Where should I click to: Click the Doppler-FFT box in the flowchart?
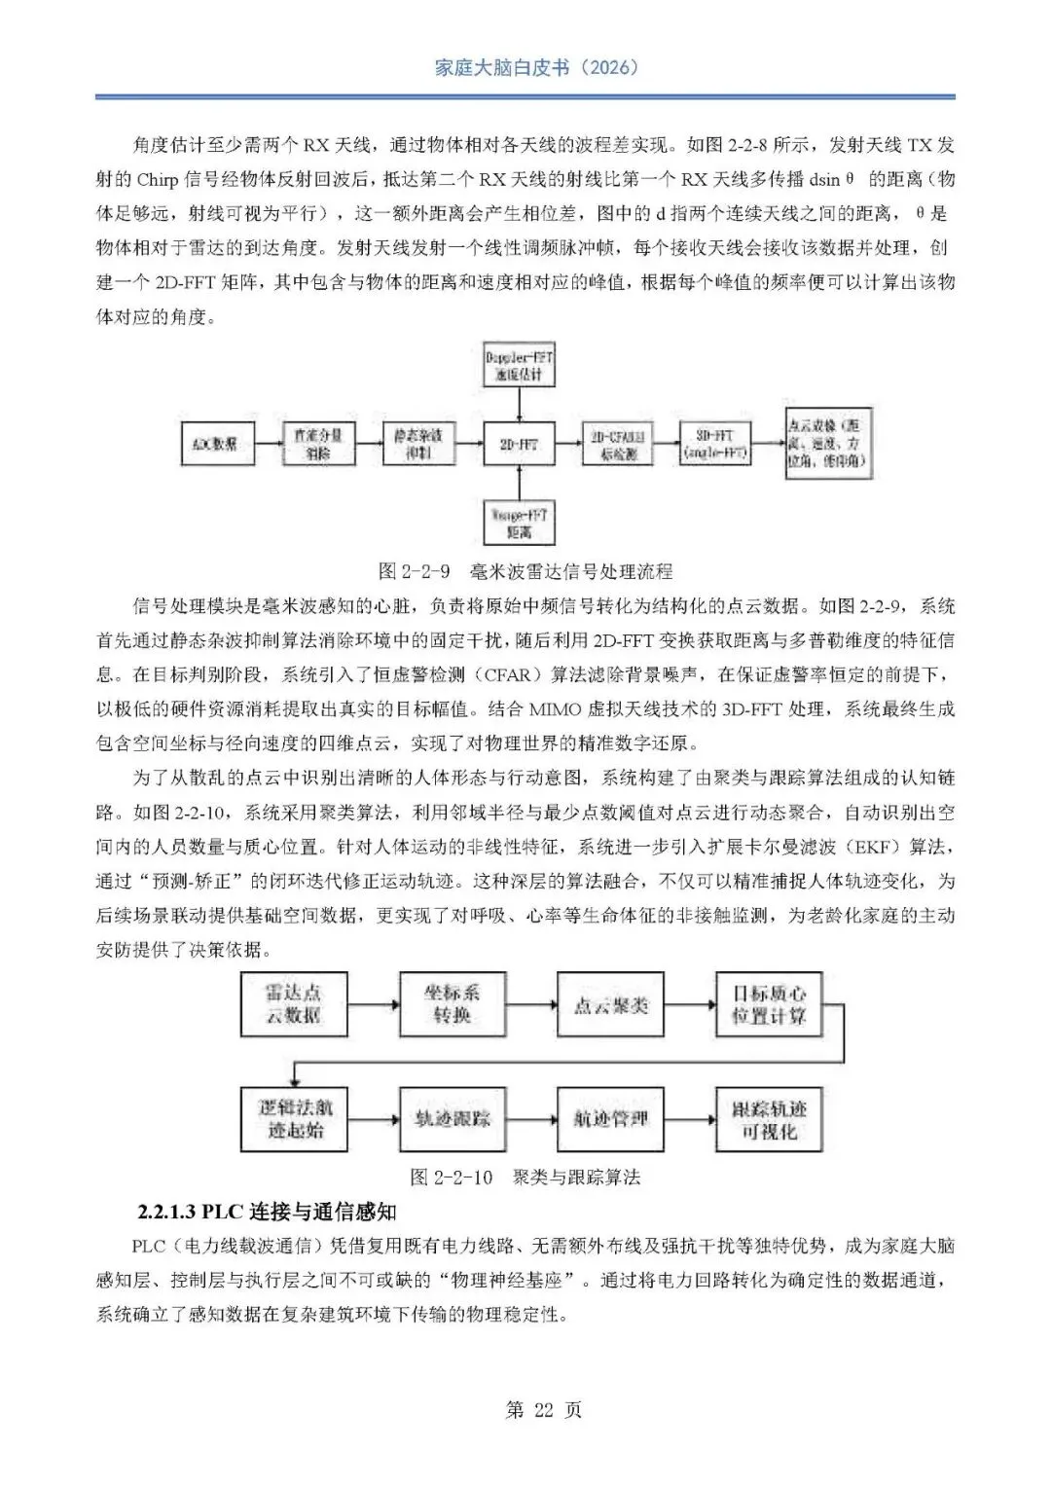pyautogui.click(x=519, y=366)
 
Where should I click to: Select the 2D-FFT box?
pyautogui.click(x=519, y=446)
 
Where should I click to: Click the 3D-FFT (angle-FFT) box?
pyautogui.click(x=714, y=445)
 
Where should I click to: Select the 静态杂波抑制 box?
pyautogui.click(x=418, y=445)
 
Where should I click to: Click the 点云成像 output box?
pyautogui.click(x=826, y=445)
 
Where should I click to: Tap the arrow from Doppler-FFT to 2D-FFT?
pyautogui.click(x=519, y=405)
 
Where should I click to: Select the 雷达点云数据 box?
pyautogui.click(x=293, y=1004)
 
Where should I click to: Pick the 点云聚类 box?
pyautogui.click(x=610, y=1004)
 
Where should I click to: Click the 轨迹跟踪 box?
pyautogui.click(x=453, y=1119)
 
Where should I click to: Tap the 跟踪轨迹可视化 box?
pyautogui.click(x=769, y=1119)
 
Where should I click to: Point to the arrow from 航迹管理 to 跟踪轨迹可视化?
pyautogui.click(x=689, y=1119)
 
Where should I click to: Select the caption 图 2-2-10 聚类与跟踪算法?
pyautogui.click(x=525, y=1178)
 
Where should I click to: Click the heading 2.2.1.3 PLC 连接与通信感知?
pyautogui.click(x=267, y=1212)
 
